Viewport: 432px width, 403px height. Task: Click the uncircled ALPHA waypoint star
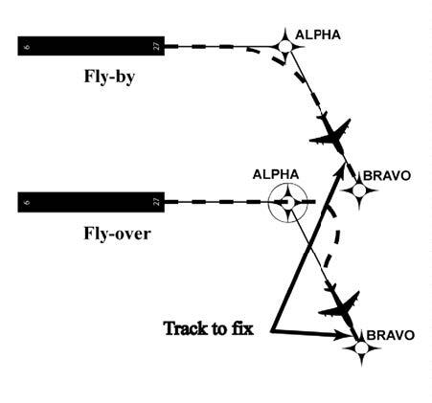[x=285, y=45]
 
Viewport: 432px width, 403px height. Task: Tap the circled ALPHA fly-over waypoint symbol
[x=286, y=202]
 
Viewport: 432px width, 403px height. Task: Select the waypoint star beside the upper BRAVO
[x=359, y=190]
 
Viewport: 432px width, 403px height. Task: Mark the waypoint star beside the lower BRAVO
[x=361, y=349]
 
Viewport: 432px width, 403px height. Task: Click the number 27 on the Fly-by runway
[x=156, y=45]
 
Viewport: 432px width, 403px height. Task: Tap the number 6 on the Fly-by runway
[x=26, y=45]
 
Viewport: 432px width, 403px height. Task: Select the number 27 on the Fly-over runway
[x=156, y=202]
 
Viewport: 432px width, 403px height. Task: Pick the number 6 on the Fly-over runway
[x=26, y=202]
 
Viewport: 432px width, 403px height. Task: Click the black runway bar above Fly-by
[x=91, y=45]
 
